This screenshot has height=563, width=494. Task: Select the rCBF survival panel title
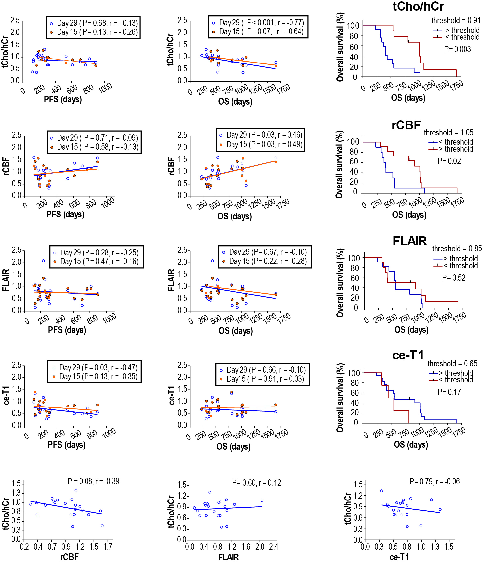click(406, 125)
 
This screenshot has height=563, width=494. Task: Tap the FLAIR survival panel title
click(409, 241)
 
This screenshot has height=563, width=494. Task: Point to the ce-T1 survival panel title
click(408, 355)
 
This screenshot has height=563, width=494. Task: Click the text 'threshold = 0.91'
click(456, 20)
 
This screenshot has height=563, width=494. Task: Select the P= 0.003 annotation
click(457, 49)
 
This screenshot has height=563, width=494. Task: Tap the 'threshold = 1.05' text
click(448, 133)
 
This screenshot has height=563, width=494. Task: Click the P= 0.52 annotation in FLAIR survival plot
click(454, 278)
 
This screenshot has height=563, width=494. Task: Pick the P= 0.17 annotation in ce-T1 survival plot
click(449, 392)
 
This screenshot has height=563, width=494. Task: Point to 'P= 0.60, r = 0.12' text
click(257, 483)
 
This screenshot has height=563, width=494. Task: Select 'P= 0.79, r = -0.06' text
click(435, 482)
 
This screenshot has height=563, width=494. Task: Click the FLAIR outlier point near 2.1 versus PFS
click(43, 261)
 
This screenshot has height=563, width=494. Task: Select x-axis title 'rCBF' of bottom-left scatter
click(69, 557)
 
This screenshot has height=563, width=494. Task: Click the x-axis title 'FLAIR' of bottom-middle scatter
click(229, 557)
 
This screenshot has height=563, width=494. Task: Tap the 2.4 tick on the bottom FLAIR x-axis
click(274, 547)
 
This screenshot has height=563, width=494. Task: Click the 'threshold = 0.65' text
click(452, 364)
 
